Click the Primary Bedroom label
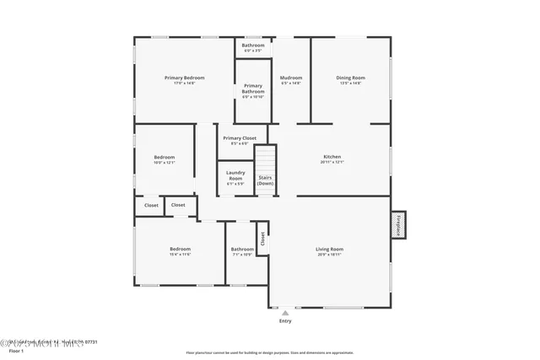coord(184,78)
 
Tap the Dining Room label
coord(352,78)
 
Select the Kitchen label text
coord(332,157)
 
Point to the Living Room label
coord(329,249)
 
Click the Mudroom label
coord(291,78)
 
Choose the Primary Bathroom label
coord(253,89)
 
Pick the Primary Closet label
coord(240,137)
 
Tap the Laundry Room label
coord(235,175)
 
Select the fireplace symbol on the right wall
coord(397,225)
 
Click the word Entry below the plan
coord(285,321)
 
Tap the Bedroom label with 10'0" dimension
coord(165,157)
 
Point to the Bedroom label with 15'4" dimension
coord(181,249)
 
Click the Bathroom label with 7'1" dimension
coord(242,249)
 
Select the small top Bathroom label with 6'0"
coord(253,45)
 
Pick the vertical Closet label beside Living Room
coord(262,239)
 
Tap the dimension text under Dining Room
coord(352,83)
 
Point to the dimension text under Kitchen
coord(332,163)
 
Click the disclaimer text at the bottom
coord(270,352)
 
